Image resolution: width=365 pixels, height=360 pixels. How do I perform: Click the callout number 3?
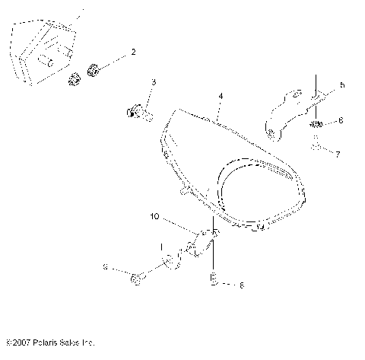pyautogui.click(x=153, y=81)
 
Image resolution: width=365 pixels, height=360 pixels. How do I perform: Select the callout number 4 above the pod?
pyautogui.click(x=220, y=97)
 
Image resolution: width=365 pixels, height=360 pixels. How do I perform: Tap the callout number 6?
pyautogui.click(x=341, y=120)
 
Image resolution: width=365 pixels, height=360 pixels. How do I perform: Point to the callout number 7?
pyautogui.click(x=340, y=153)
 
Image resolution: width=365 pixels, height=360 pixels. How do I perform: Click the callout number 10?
pyautogui.click(x=154, y=217)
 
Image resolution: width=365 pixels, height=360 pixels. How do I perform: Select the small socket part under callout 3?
pyautogui.click(x=139, y=113)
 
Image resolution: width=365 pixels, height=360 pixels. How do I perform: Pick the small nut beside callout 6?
pyautogui.click(x=318, y=123)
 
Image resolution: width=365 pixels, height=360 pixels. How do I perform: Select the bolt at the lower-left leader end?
pyautogui.click(x=135, y=280)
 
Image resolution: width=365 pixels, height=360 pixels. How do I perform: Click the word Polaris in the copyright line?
pyautogui.click(x=50, y=343)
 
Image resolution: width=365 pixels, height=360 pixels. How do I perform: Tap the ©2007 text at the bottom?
pyautogui.click(x=17, y=343)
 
